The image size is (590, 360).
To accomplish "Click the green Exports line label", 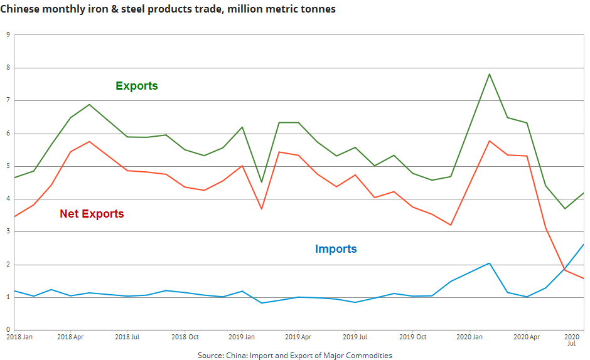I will click(136, 86).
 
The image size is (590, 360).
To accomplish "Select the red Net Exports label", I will click(92, 214).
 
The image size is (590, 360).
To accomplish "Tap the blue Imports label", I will click(336, 249).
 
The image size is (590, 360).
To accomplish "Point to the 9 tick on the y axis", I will click(8, 35).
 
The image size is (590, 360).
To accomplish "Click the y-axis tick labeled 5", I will click(8, 166).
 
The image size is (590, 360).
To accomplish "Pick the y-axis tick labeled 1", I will click(8, 297).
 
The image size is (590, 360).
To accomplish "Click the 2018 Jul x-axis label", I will click(127, 337).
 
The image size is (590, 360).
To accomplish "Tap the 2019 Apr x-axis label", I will click(298, 337).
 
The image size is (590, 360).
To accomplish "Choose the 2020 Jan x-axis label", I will click(469, 337).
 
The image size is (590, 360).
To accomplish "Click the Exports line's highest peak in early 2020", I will click(489, 74).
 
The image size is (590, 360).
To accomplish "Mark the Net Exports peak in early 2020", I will click(489, 140).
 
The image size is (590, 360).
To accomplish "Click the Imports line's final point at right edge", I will click(584, 245).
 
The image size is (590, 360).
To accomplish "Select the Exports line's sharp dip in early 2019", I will click(261, 182).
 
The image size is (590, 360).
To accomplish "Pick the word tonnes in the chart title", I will click(318, 9).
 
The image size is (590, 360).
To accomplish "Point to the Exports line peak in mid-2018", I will click(89, 104).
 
